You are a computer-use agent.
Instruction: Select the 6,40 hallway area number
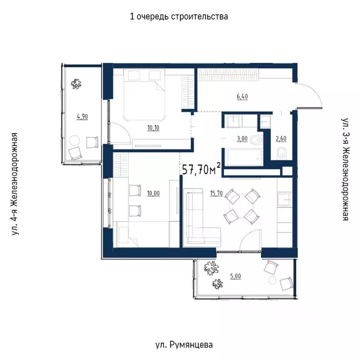(x=242, y=97)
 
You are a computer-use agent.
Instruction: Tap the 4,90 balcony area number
(x=82, y=117)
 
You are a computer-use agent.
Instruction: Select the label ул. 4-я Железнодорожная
(x=16, y=183)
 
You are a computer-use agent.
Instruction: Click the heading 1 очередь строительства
(x=179, y=17)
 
